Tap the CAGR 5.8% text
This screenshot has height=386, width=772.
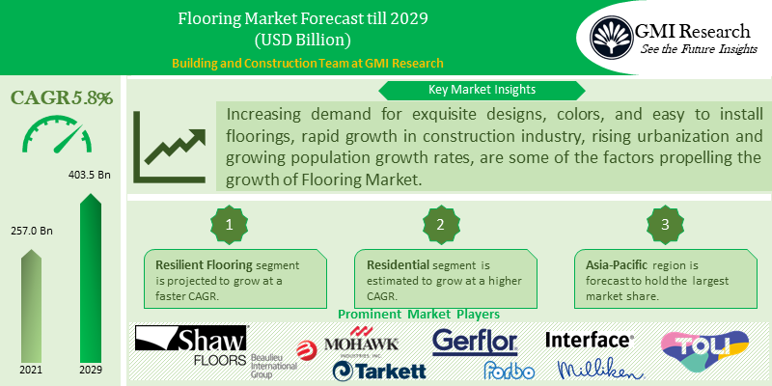(62, 97)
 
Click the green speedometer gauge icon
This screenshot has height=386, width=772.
(62, 137)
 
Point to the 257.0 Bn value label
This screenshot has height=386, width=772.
(31, 233)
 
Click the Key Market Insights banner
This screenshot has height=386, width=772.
(482, 90)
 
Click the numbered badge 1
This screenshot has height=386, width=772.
(230, 224)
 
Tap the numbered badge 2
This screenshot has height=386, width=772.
(440, 224)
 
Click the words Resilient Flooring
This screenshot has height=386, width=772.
(200, 262)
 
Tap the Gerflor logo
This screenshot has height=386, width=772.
(475, 341)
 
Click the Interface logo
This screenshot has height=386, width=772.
(590, 340)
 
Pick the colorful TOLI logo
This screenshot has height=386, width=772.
(703, 351)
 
